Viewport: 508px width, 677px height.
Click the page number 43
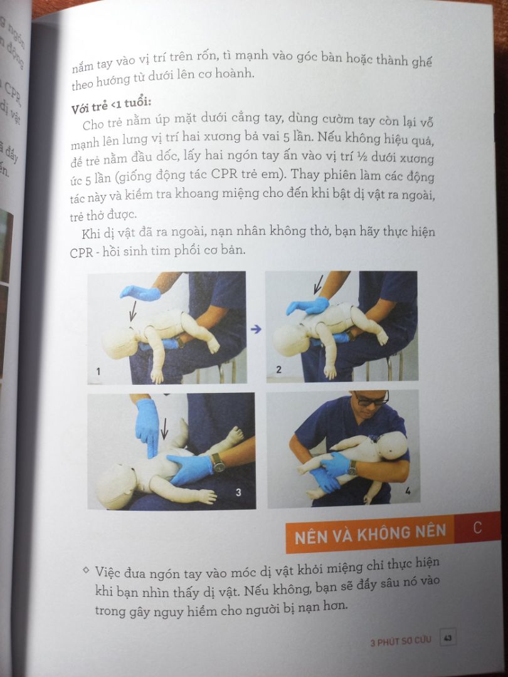click(x=448, y=638)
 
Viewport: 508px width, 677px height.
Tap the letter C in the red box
click(x=478, y=528)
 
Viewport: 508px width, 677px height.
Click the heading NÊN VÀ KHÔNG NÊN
click(x=371, y=533)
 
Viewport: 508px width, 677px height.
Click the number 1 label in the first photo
click(x=98, y=372)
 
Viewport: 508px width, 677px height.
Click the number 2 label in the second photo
click(x=279, y=370)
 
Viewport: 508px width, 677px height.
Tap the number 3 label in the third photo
click(x=238, y=492)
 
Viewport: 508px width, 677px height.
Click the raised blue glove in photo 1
click(x=140, y=292)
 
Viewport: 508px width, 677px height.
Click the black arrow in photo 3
click(x=164, y=429)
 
